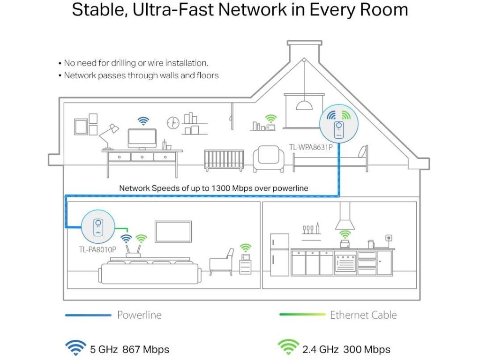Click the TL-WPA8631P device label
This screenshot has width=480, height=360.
pyautogui.click(x=311, y=147)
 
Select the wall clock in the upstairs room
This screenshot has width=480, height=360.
pyautogui.click(x=173, y=122)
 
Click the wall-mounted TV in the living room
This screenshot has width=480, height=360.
pyautogui.click(x=173, y=232)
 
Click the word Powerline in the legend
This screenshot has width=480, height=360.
pyautogui.click(x=139, y=315)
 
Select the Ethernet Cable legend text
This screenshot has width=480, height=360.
pyautogui.click(x=363, y=315)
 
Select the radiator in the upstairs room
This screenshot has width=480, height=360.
pyautogui.click(x=224, y=160)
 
